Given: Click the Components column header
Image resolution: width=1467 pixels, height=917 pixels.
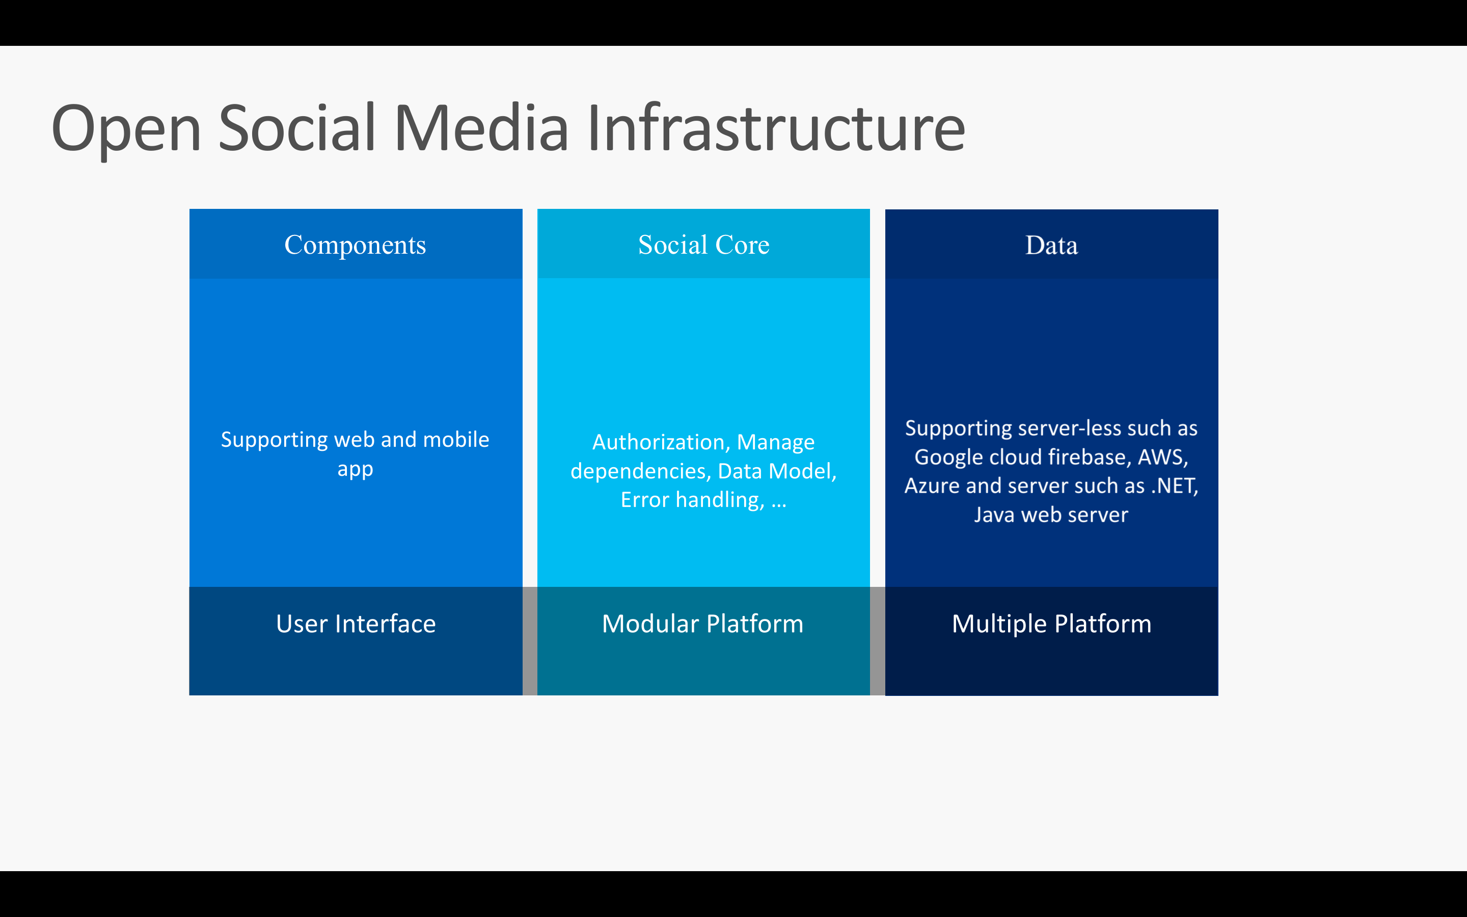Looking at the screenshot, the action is coord(355,245).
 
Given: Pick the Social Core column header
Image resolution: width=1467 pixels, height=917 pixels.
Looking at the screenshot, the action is coord(704,245).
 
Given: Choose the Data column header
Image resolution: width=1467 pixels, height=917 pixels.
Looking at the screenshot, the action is coord(1051,245).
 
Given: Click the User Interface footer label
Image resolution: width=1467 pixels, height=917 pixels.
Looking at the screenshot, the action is coord(356,624).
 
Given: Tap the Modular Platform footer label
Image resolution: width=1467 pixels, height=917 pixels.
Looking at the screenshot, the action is coord(702,624).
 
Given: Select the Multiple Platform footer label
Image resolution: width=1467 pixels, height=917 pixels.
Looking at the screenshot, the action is coord(1051,624).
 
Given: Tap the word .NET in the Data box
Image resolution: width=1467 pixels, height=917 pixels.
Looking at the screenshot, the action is coord(1175,486).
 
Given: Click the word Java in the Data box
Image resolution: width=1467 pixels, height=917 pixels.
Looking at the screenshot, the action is coord(994,515).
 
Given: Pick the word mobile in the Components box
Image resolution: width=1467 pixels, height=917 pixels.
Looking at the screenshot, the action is coord(456,439).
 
